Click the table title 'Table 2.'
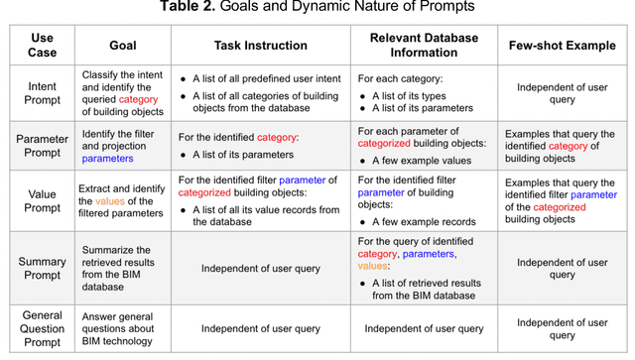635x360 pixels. point(189,9)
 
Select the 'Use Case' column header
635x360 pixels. point(42,46)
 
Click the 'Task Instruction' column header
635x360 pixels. point(261,46)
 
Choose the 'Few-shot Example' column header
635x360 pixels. point(561,46)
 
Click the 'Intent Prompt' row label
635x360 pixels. point(42,94)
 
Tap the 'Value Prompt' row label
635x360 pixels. point(42,200)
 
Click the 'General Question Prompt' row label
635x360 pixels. point(42,328)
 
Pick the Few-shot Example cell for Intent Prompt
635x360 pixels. point(561,94)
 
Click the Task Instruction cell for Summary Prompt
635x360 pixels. point(261,268)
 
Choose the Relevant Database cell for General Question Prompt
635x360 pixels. point(424,328)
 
